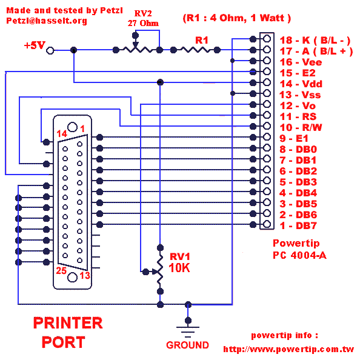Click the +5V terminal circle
50,50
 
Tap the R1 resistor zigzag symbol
195,50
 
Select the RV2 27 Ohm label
143,18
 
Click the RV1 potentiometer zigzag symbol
160,270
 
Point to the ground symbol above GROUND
188,332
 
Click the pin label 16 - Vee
301,62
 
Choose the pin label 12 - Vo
298,105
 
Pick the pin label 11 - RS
298,116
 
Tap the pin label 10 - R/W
301,127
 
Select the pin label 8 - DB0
298,149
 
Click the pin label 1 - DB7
298,225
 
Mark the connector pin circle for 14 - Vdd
267,82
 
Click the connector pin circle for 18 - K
267,39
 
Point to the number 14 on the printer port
62,133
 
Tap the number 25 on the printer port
61,271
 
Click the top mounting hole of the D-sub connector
72,127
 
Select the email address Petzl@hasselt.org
47,21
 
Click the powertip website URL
289,349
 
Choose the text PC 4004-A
299,255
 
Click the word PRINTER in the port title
68,323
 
